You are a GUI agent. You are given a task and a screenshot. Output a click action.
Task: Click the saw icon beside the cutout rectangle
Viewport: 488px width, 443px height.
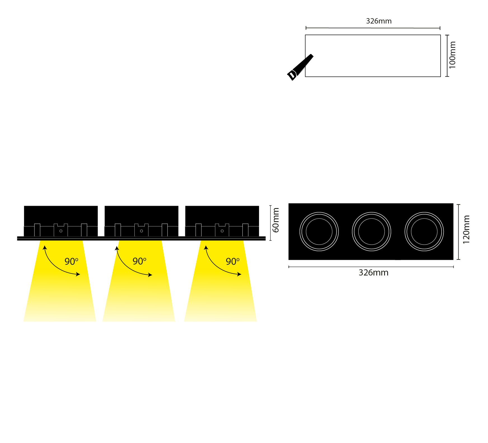click(300, 67)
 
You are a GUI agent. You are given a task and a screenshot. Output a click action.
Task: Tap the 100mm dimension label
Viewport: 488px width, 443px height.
click(452, 55)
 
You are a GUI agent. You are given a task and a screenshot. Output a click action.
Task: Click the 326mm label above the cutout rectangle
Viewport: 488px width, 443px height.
click(379, 21)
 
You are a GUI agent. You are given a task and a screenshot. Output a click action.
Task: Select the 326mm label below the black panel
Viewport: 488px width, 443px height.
click(373, 273)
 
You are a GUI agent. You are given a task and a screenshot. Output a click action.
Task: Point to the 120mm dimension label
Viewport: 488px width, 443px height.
click(466, 229)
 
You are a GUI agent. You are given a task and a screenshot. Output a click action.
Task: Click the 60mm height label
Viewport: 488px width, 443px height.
click(276, 220)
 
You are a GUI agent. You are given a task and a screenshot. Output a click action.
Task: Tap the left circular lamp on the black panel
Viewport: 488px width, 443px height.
click(319, 232)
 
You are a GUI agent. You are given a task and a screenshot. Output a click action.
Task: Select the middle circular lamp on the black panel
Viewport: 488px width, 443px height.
click(372, 232)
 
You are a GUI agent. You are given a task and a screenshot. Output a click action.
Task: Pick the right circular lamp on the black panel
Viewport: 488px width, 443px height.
click(424, 232)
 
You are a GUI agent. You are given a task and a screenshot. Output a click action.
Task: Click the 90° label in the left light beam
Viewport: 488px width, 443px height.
click(71, 261)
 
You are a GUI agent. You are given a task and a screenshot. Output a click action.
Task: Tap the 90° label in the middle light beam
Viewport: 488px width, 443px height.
click(139, 261)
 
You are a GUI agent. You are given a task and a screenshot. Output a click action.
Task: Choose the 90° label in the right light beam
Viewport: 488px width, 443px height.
click(233, 261)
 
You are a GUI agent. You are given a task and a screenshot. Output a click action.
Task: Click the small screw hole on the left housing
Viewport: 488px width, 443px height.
click(61, 231)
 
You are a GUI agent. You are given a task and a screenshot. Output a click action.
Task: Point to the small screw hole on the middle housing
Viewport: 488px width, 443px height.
click(141, 231)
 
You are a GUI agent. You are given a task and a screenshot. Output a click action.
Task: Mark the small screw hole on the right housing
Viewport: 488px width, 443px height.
click(222, 231)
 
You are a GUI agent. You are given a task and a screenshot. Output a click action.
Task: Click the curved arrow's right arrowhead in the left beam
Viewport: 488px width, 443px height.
click(78, 274)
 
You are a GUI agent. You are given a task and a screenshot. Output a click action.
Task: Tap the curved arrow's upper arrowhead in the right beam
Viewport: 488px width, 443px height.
click(206, 248)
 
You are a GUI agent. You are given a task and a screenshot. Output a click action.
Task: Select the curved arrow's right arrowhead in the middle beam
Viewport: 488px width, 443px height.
click(150, 275)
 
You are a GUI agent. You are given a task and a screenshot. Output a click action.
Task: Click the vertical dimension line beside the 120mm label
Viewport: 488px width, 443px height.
click(458, 232)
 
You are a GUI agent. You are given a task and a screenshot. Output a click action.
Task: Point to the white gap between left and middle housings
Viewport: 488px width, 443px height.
click(101, 221)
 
